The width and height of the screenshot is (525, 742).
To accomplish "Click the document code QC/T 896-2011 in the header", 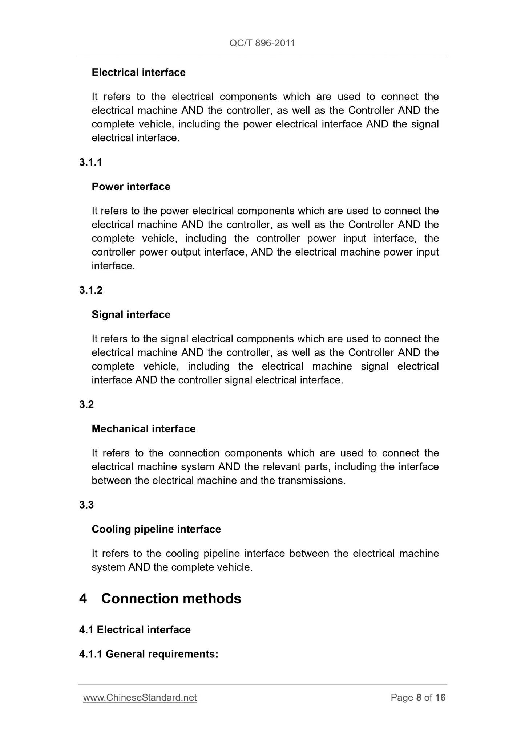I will pyautogui.click(x=262, y=43).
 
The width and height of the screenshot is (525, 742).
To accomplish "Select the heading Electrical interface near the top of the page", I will pyautogui.click(x=138, y=72).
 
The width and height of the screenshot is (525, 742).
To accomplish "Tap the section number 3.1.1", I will pyautogui.click(x=90, y=162).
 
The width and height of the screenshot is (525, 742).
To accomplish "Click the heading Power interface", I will pyautogui.click(x=131, y=187).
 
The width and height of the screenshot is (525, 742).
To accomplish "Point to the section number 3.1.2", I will pyautogui.click(x=91, y=290).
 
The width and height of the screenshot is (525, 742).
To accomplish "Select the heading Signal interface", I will pyautogui.click(x=131, y=314).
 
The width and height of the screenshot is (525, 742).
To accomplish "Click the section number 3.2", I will pyautogui.click(x=86, y=404).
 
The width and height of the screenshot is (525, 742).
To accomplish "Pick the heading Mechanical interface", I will pyautogui.click(x=144, y=429).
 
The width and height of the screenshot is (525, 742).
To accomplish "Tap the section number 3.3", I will pyautogui.click(x=86, y=505).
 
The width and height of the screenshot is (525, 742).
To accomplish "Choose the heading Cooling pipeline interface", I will pyautogui.click(x=156, y=529).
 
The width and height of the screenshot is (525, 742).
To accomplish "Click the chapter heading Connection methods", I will pyautogui.click(x=171, y=599).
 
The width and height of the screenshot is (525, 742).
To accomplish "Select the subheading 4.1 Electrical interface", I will pyautogui.click(x=135, y=629).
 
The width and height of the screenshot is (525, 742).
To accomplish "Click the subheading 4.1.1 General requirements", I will pyautogui.click(x=149, y=654).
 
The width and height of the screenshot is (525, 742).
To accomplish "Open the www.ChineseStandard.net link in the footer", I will pyautogui.click(x=140, y=697).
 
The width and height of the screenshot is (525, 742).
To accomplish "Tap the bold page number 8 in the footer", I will pyautogui.click(x=419, y=697).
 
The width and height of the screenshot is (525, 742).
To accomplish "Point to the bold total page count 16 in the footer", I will pyautogui.click(x=440, y=697).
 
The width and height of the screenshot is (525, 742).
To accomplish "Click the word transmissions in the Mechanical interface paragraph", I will pyautogui.click(x=311, y=481).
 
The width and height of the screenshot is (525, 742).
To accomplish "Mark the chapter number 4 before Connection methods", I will pyautogui.click(x=83, y=599).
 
